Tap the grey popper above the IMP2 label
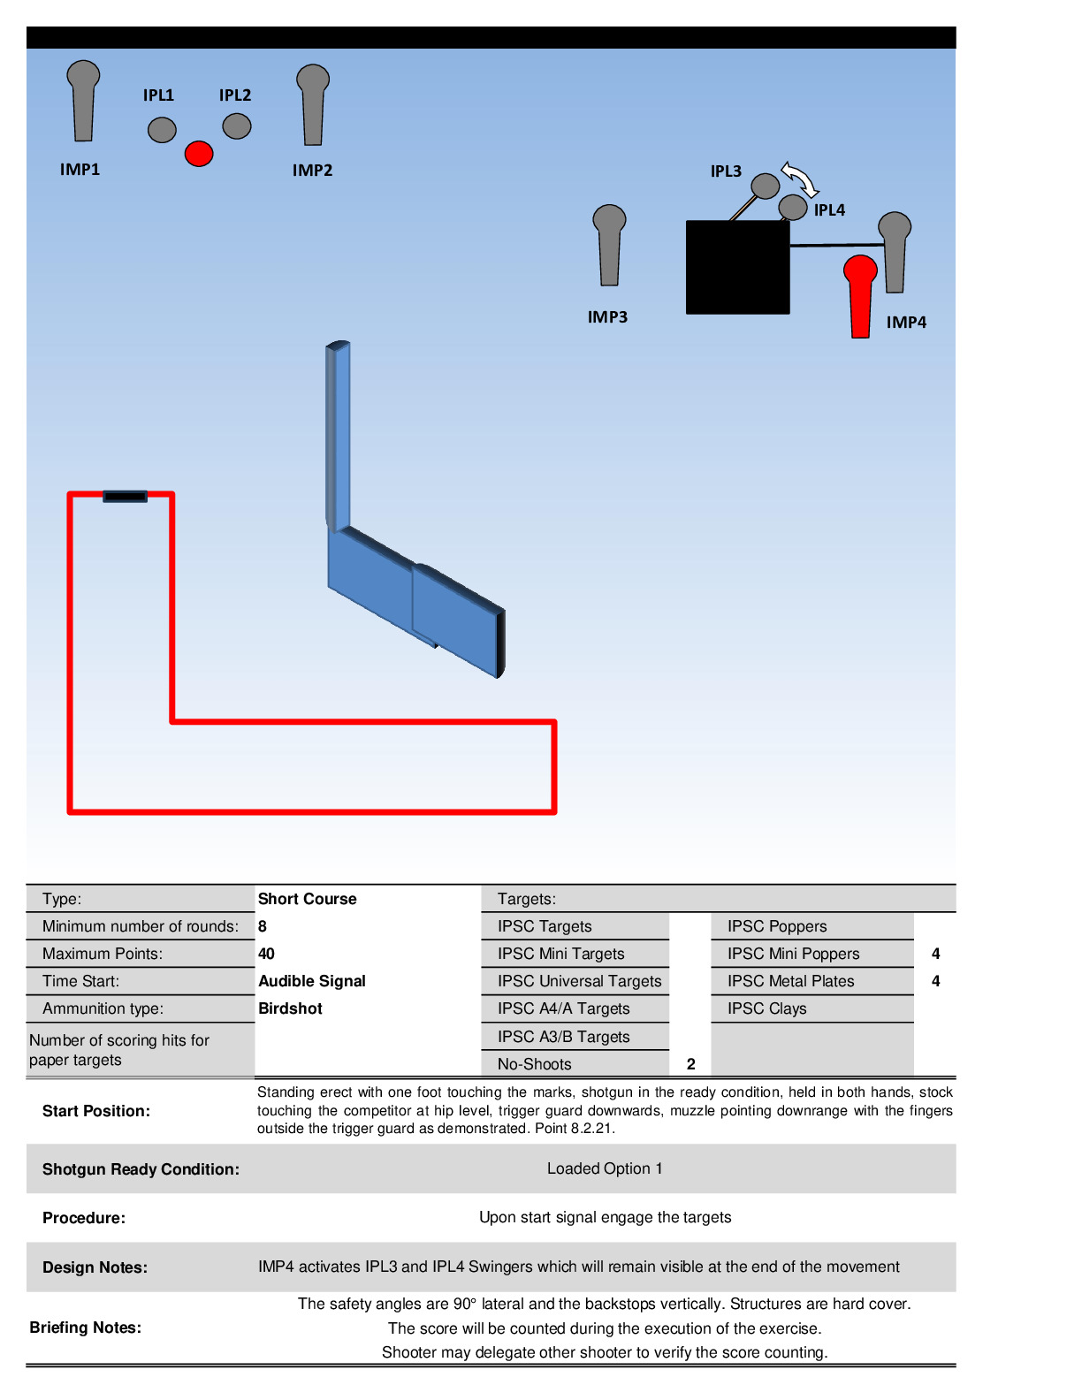pyautogui.click(x=313, y=103)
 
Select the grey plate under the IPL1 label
pyautogui.click(x=162, y=130)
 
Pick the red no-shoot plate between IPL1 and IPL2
pyautogui.click(x=199, y=153)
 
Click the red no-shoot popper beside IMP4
pyautogui.click(x=860, y=295)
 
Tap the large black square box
pyautogui.click(x=737, y=267)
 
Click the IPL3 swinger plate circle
pyautogui.click(x=765, y=186)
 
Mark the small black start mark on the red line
pyautogui.click(x=125, y=497)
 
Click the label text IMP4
pyautogui.click(x=906, y=323)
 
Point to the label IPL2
pyautogui.click(x=235, y=95)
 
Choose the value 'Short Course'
pyautogui.click(x=307, y=899)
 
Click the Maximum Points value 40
pyautogui.click(x=266, y=954)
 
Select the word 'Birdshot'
pyautogui.click(x=290, y=1008)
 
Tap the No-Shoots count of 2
pyautogui.click(x=690, y=1064)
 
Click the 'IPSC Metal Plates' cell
pyautogui.click(x=790, y=981)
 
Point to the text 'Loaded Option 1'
pyautogui.click(x=605, y=1168)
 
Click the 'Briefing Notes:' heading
pyautogui.click(x=85, y=1328)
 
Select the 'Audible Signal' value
pyautogui.click(x=311, y=981)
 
